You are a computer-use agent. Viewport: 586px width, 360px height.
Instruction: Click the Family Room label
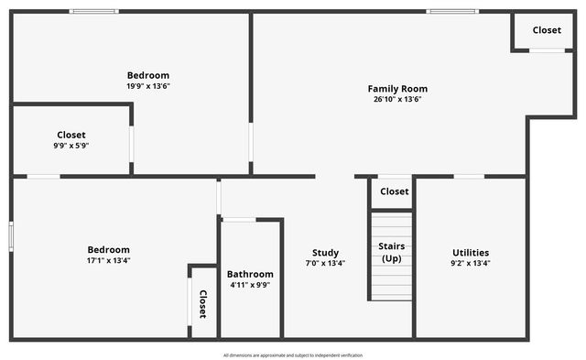coord(397,89)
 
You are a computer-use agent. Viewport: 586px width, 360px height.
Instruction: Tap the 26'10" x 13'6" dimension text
coord(397,100)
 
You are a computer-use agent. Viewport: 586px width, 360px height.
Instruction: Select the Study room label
coord(325,253)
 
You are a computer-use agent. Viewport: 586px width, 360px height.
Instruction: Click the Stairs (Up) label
coord(392,252)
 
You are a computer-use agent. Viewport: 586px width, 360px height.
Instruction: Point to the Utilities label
coord(471,253)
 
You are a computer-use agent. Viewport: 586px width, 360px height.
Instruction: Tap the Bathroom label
coord(250,274)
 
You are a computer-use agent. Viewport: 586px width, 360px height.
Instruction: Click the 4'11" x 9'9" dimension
coord(250,285)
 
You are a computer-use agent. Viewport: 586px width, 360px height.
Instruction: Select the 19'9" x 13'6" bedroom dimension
coord(148,86)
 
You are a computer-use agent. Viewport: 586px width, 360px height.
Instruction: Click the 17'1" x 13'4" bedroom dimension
coord(108,260)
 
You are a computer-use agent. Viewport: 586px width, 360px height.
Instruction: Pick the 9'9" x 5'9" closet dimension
coord(71,146)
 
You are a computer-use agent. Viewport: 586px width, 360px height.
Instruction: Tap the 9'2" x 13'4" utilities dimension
coord(471,264)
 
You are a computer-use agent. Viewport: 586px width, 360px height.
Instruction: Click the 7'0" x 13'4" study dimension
coord(325,264)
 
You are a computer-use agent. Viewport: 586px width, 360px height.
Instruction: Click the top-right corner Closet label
coord(547,30)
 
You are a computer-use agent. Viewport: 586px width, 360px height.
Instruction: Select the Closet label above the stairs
coord(394,191)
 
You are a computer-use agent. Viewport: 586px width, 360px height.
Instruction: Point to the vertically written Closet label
coord(203,303)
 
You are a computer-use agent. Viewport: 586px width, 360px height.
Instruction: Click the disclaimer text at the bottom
coord(293,355)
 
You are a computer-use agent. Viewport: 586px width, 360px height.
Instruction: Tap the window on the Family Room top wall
coord(451,12)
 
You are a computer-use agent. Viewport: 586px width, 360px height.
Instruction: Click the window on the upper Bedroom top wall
coord(93,12)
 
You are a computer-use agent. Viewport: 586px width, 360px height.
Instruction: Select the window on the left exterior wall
coord(11,235)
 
